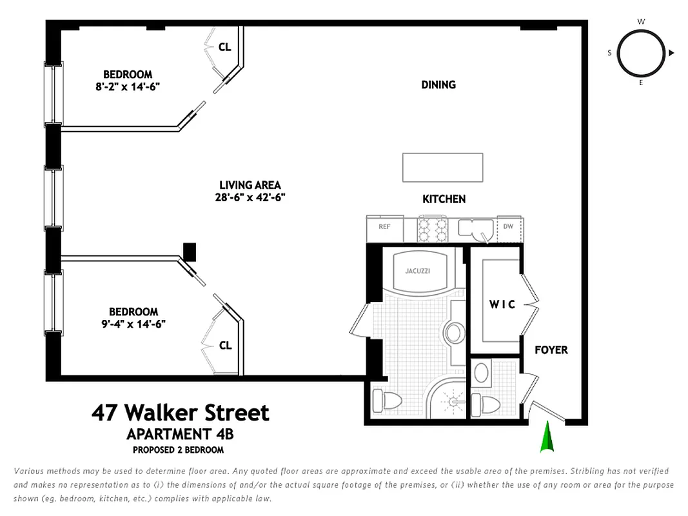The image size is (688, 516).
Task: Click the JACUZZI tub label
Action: (x=417, y=271)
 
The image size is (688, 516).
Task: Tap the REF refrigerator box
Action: (x=384, y=227)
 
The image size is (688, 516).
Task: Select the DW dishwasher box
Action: (x=508, y=227)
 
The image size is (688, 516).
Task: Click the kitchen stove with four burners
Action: (x=433, y=228)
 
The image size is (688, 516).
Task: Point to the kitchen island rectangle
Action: (x=442, y=168)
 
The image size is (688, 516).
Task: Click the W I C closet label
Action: (x=502, y=304)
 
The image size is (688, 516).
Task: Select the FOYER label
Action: (x=551, y=350)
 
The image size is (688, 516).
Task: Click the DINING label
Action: (x=438, y=84)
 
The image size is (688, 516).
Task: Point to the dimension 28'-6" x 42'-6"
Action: (x=250, y=197)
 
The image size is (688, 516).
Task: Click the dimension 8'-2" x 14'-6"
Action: (x=128, y=86)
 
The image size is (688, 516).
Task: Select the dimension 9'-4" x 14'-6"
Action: (x=133, y=324)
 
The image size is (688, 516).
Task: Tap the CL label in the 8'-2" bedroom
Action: (x=224, y=46)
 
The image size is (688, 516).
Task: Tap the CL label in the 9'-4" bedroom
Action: (x=224, y=346)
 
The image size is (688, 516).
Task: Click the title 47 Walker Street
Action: (x=180, y=412)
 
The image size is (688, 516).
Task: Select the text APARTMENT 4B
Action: (x=180, y=433)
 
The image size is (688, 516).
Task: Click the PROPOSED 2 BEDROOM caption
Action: (x=178, y=450)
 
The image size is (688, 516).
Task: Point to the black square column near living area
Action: (x=190, y=252)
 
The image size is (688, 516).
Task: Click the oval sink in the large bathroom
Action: (x=454, y=333)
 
